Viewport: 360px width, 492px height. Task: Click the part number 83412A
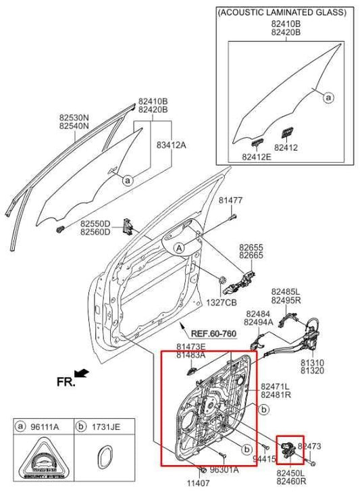point(171,144)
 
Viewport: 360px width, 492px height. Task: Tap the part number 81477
point(230,201)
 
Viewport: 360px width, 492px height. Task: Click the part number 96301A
point(223,469)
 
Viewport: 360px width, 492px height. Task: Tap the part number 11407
point(201,483)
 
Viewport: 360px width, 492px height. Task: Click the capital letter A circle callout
point(180,248)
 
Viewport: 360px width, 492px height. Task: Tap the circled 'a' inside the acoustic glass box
point(328,98)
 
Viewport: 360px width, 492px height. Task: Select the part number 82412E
point(256,157)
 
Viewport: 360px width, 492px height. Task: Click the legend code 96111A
point(45,427)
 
